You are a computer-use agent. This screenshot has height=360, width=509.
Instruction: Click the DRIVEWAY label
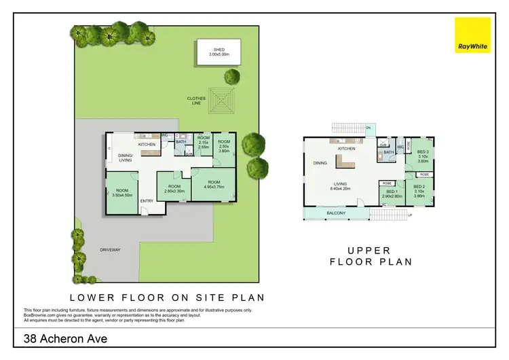coord(110,249)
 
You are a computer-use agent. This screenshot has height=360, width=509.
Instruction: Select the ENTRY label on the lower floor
coord(147,200)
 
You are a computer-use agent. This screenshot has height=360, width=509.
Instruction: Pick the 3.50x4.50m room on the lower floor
coord(122,194)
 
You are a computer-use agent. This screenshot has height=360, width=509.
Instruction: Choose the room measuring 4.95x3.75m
coord(214,185)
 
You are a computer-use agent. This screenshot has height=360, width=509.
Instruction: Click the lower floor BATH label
coord(181,142)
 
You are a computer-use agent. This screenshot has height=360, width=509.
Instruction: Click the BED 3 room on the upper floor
coord(422,156)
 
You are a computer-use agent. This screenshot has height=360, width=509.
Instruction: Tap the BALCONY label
coord(335,213)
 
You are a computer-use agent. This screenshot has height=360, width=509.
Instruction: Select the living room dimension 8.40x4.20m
coord(340,189)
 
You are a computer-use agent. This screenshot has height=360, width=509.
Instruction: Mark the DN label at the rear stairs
coord(369,128)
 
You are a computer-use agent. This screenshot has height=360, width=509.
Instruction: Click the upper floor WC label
coord(400,146)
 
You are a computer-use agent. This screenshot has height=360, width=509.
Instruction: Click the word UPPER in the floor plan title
coord(371,250)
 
